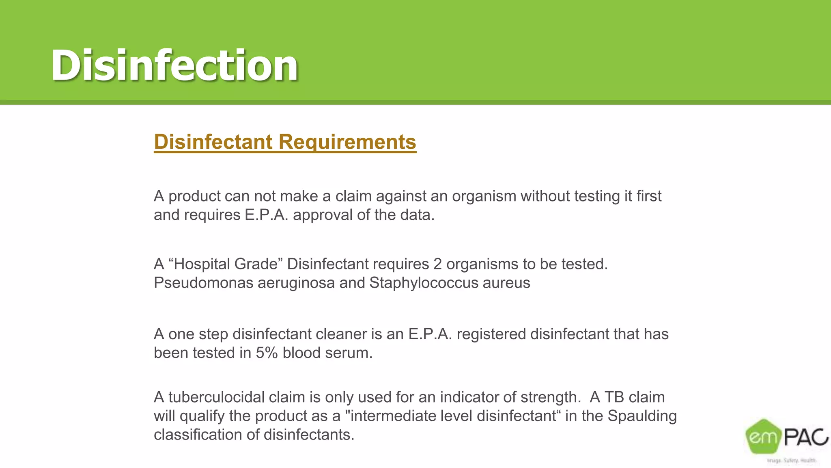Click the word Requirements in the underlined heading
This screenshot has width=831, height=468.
347,142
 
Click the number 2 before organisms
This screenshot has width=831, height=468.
437,264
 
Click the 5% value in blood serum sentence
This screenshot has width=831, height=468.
267,353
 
